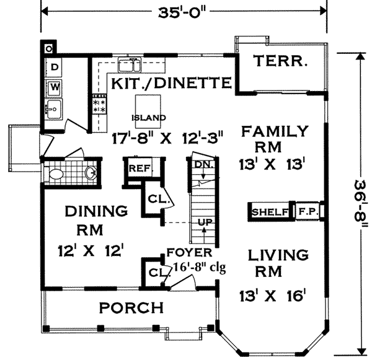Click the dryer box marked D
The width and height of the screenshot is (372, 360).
coord(55,66)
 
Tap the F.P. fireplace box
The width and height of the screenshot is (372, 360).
coord(308,212)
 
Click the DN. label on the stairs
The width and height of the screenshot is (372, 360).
coord(201,164)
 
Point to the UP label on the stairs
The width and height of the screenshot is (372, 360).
coord(205,221)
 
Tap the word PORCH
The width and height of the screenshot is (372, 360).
coord(133,307)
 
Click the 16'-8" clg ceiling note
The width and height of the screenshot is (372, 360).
coord(191,268)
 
